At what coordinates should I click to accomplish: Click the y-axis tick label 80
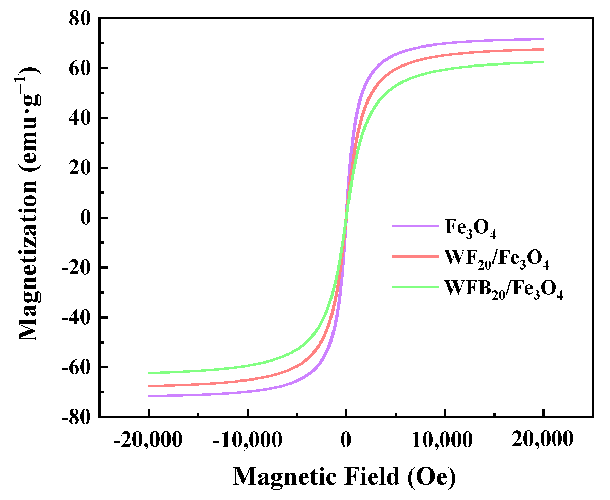pyautogui.click(x=80, y=18)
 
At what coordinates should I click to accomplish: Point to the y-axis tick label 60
pyautogui.click(x=80, y=68)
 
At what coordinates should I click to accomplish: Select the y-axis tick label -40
pyautogui.click(x=76, y=318)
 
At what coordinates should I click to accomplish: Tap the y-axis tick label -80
pyautogui.click(x=76, y=417)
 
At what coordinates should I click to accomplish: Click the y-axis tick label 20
pyautogui.click(x=80, y=168)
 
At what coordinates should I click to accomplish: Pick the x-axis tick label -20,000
pyautogui.click(x=148, y=440)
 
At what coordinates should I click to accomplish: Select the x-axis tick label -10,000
pyautogui.click(x=247, y=440)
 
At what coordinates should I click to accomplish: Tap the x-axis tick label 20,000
pyautogui.click(x=542, y=440)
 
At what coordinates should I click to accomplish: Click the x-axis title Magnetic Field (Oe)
pyautogui.click(x=344, y=477)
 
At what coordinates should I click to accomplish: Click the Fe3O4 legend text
pyautogui.click(x=470, y=228)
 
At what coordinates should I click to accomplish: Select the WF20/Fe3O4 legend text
pyautogui.click(x=497, y=259)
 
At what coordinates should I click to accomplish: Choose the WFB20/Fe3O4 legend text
pyautogui.click(x=504, y=289)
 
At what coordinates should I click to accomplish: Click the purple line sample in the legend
pyautogui.click(x=415, y=226)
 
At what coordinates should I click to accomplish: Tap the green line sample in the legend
pyautogui.click(x=415, y=287)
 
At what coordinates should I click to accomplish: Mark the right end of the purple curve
pyautogui.click(x=543, y=39)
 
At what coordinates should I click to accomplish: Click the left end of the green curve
pyautogui.click(x=149, y=373)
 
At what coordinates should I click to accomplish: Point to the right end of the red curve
pyautogui.click(x=543, y=50)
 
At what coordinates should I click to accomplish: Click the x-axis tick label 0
pyautogui.click(x=346, y=440)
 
